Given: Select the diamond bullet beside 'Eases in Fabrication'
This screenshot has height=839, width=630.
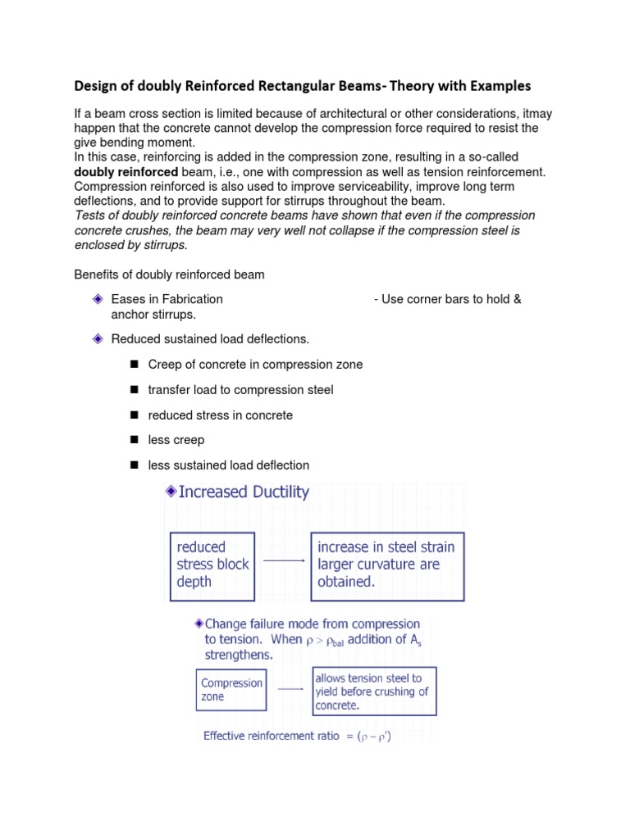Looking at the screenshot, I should point(97,299).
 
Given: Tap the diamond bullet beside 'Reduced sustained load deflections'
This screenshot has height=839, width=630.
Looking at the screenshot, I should point(97,338).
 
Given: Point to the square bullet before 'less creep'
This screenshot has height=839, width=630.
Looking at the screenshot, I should point(134,441).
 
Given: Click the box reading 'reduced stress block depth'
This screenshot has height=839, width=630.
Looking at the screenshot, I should point(212,565).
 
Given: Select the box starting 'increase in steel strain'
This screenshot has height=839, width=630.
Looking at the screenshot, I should point(387,565).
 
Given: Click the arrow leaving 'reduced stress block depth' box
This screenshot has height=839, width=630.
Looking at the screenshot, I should point(282,560).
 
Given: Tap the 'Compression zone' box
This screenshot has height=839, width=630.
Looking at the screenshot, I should point(231,690).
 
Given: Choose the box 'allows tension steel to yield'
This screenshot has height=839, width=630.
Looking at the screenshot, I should point(374,692).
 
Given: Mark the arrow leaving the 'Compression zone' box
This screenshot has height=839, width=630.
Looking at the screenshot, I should point(290,689).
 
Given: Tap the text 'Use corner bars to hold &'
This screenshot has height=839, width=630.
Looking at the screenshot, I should point(447,299).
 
